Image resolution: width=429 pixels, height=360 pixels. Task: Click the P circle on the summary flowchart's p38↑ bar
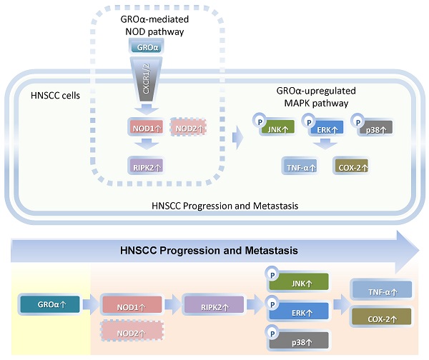(x=272, y=330)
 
